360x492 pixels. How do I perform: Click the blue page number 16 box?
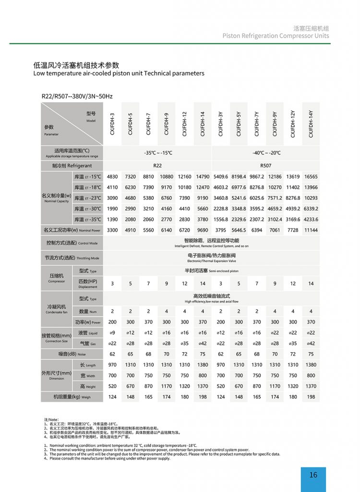pyautogui.click(x=313, y=475)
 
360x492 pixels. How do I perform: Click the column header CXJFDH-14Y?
pyautogui.click(x=311, y=124)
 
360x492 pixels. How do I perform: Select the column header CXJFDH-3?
pyautogui.click(x=112, y=124)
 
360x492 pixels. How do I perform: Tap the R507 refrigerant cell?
pyautogui.click(x=265, y=165)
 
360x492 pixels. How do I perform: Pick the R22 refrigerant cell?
pyautogui.click(x=157, y=165)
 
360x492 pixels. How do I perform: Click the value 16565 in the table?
pyautogui.click(x=311, y=177)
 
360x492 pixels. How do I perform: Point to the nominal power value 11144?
pyautogui.click(x=311, y=231)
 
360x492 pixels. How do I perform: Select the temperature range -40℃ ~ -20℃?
pyautogui.click(x=266, y=153)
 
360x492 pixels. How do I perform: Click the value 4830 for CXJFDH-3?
pyautogui.click(x=112, y=177)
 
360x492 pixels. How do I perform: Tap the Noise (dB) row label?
pyautogui.click(x=72, y=354)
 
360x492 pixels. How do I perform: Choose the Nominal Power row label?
pyautogui.click(x=72, y=231)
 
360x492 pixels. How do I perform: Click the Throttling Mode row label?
pyautogui.click(x=72, y=258)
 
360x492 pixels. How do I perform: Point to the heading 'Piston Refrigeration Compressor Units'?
pyautogui.click(x=276, y=36)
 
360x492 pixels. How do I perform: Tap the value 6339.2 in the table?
pyautogui.click(x=311, y=209)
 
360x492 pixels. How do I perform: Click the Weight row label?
pyautogui.click(x=72, y=397)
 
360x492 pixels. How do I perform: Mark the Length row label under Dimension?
pyautogui.click(x=87, y=365)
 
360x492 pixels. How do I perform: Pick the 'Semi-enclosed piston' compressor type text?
pyautogui.click(x=211, y=271)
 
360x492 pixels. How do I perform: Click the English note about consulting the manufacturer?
pyautogui.click(x=110, y=458)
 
